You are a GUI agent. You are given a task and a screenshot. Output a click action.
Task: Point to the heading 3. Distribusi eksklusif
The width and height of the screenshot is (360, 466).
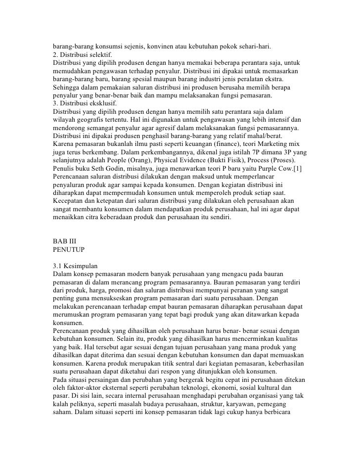84,105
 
